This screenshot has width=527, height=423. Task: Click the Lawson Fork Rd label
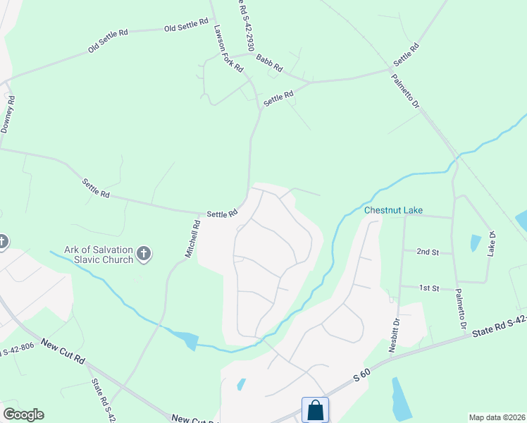coord(229,46)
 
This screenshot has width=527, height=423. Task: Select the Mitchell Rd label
coord(194,240)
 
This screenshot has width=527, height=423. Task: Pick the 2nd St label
coord(428,252)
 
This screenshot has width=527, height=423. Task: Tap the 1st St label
coord(430,288)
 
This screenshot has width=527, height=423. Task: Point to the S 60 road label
coord(361,378)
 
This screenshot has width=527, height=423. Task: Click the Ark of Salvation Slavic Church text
coord(98,254)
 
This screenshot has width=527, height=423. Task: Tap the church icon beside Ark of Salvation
coord(144,254)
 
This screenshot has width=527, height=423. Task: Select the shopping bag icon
coord(314,410)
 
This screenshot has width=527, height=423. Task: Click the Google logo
coord(23,415)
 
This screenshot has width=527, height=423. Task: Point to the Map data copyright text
coord(497,417)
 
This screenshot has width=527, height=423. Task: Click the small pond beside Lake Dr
coord(476,243)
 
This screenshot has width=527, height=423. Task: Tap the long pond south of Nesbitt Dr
coord(402,400)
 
